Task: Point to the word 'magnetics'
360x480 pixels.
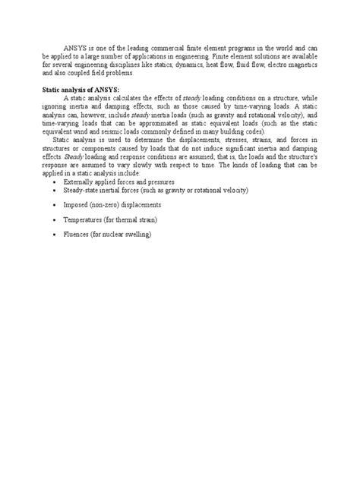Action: click(301, 65)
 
